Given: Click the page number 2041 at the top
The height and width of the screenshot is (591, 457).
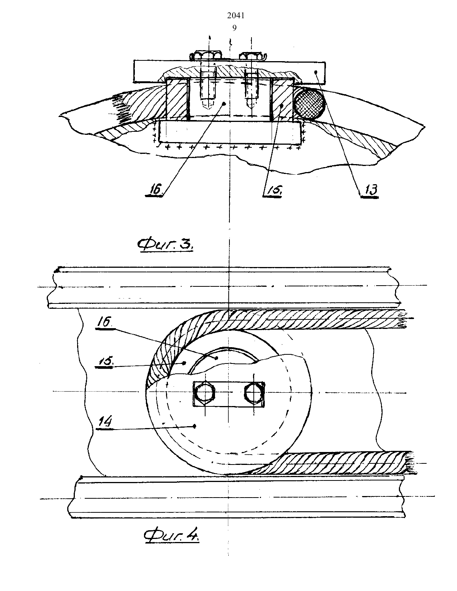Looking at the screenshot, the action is pyautogui.click(x=236, y=16).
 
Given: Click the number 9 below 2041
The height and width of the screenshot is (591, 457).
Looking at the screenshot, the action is pyautogui.click(x=234, y=28).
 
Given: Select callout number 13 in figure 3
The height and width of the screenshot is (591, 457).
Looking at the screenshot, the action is pyautogui.click(x=370, y=190).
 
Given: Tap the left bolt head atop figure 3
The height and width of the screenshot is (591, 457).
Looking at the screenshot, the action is pyautogui.click(x=206, y=55).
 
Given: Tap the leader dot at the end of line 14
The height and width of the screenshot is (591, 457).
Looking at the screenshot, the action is pyautogui.click(x=195, y=427).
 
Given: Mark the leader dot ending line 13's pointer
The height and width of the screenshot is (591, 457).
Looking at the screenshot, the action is pyautogui.click(x=316, y=72).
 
